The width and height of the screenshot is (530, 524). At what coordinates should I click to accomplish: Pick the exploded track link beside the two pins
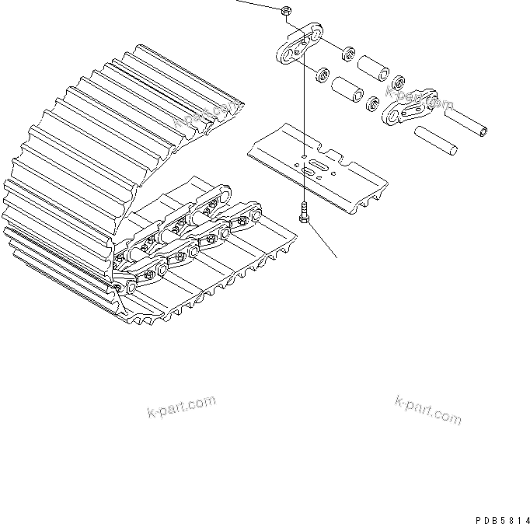406,106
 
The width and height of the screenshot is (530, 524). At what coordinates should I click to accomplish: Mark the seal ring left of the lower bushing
319,76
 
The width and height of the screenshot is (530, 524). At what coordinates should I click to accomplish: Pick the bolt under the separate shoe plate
303,212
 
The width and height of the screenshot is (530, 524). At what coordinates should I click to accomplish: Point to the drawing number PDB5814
500,516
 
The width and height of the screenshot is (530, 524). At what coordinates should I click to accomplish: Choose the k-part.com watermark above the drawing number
427,410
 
